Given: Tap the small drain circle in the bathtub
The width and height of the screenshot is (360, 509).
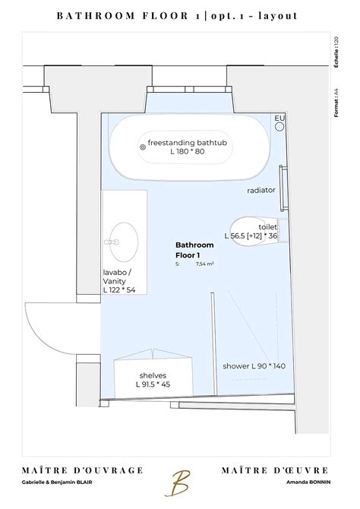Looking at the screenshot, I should click(141, 147).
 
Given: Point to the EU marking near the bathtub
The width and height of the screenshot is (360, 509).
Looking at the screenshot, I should click(279, 119).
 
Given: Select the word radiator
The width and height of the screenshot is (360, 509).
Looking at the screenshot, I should click(261, 190).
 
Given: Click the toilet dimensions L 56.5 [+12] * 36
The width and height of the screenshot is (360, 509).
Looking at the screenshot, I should click(251, 236).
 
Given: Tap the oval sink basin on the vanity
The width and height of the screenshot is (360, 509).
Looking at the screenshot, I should click(125, 241).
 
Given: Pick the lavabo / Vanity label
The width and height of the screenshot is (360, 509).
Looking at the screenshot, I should click(119, 281).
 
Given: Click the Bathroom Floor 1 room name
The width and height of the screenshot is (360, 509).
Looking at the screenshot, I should click(194, 250).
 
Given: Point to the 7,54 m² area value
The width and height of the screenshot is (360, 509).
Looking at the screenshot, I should click(204, 264).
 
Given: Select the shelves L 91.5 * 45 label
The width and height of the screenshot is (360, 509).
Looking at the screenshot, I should click(153, 380).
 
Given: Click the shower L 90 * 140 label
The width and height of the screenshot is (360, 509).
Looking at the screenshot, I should click(254, 366).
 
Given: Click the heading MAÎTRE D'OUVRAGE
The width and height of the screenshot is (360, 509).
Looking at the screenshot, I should click(72, 471).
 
